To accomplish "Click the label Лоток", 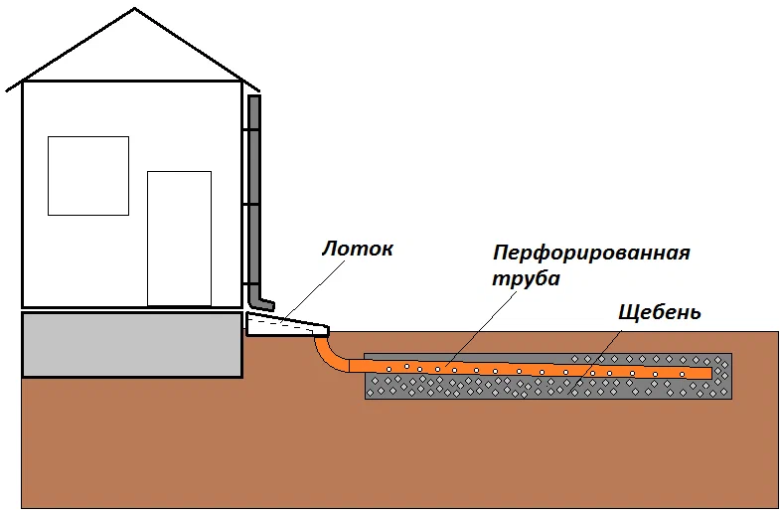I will click(357, 249).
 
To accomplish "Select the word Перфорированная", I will click(592, 252).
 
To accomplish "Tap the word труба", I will click(527, 279).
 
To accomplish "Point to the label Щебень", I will click(660, 312).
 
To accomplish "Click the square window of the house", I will click(88, 176).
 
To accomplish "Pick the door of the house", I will click(179, 239).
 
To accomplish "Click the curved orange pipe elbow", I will click(329, 356).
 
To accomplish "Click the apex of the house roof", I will click(135, 9).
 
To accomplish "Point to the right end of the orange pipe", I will click(706, 373).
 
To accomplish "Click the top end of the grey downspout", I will click(254, 97).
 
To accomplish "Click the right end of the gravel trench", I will click(729, 376).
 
